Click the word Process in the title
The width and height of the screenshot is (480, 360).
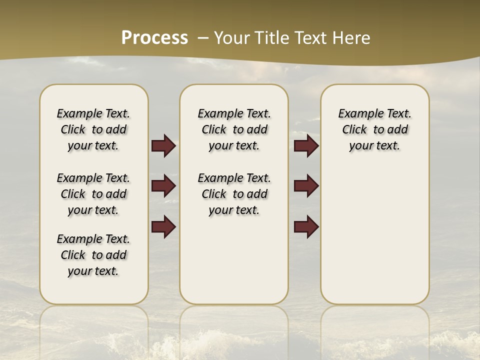coord(154,38)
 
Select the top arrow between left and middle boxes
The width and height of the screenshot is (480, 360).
coord(163,145)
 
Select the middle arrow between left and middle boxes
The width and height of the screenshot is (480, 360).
coord(163,186)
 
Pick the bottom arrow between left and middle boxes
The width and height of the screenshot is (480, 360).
coord(163,226)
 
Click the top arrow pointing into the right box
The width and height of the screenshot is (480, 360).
coord(306,145)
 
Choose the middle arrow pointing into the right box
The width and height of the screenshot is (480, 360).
coord(306,186)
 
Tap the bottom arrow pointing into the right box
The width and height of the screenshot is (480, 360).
coord(306,226)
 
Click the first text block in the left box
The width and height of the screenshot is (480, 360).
coord(93,129)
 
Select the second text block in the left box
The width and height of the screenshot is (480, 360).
coord(93,194)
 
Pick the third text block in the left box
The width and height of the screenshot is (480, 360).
coord(93,255)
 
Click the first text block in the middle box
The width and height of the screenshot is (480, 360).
coord(234,129)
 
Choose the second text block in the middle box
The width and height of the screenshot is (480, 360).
coord(234,194)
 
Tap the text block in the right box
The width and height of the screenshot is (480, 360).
coord(374,129)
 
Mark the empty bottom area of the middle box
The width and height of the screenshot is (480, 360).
coord(234,265)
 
